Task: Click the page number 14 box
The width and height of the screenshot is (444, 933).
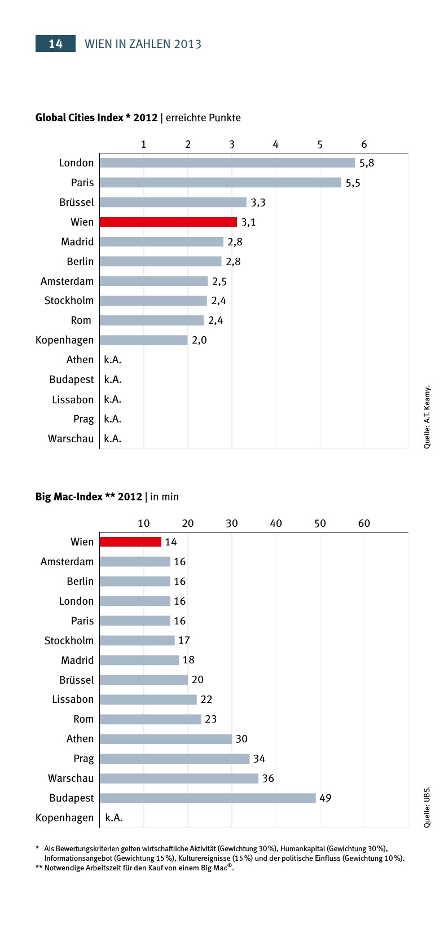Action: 55,44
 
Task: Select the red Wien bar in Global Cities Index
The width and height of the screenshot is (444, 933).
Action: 168,222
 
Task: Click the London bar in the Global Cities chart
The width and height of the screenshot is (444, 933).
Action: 227,163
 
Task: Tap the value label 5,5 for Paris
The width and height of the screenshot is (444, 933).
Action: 353,183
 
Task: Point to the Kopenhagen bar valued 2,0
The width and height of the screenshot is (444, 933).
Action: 144,340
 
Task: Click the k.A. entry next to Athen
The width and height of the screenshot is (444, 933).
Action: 113,360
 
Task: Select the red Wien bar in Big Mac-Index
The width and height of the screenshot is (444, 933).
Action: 130,542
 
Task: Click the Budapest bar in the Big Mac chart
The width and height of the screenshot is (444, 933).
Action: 208,798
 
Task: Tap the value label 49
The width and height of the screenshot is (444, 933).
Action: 326,798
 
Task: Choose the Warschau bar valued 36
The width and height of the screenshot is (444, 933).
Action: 179,778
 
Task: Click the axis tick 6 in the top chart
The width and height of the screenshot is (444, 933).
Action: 364,144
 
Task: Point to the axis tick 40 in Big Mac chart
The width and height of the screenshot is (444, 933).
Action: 276,523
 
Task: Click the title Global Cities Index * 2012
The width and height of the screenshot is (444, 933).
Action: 96,118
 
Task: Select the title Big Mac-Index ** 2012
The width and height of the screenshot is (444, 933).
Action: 89,497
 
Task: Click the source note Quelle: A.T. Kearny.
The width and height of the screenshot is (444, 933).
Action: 427,417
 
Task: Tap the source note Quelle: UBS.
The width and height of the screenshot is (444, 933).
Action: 427,807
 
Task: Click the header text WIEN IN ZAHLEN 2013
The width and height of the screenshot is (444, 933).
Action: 143,44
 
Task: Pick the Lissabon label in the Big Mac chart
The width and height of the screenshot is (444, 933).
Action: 73,699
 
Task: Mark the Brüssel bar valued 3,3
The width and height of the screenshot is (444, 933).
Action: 173,203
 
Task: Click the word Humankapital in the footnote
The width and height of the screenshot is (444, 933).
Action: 305,848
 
